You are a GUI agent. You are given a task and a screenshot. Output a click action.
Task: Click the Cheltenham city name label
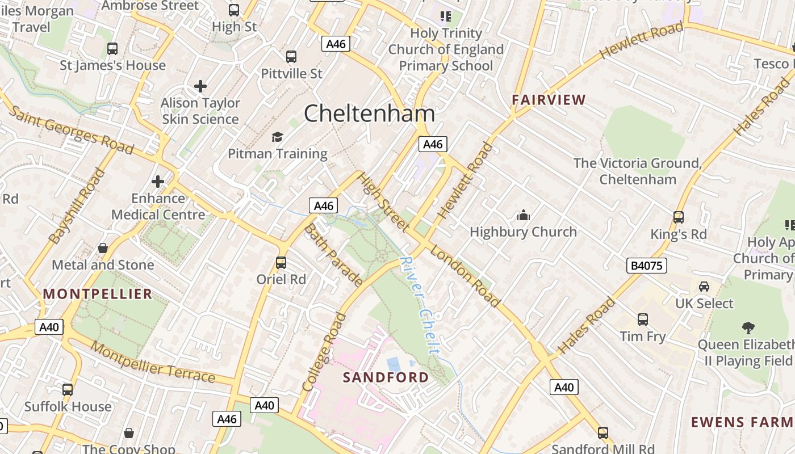pyautogui.click(x=369, y=113)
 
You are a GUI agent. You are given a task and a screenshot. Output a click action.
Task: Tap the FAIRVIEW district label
pyautogui.click(x=549, y=100)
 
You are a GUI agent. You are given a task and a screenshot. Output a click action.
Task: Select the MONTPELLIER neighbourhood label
pyautogui.click(x=98, y=294)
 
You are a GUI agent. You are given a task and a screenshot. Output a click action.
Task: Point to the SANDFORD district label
pyautogui.click(x=386, y=377)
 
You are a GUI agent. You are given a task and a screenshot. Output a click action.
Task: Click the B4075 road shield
pyautogui.click(x=647, y=266)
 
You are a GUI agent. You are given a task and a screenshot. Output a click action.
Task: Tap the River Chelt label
pyautogui.click(x=420, y=305)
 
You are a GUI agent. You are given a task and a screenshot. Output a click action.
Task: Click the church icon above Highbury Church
pyautogui.click(x=523, y=215)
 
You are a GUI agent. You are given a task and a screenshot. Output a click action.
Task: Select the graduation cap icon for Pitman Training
pyautogui.click(x=277, y=137)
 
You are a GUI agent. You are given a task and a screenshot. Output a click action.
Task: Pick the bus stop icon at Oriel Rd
pyautogui.click(x=281, y=263)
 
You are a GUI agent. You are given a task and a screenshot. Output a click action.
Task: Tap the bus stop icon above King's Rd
pyautogui.click(x=678, y=217)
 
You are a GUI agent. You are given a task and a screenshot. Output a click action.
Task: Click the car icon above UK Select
pyautogui.click(x=704, y=287)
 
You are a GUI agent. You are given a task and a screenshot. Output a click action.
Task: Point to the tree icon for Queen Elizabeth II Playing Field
pyautogui.click(x=748, y=327)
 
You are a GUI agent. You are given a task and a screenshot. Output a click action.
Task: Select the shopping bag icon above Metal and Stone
pyautogui.click(x=103, y=248)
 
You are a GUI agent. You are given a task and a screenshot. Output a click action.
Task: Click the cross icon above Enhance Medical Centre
pyautogui.click(x=158, y=182)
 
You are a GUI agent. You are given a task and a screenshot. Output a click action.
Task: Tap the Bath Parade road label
pyautogui.click(x=334, y=255)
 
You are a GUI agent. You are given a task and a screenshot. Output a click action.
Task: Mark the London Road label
pyautogui.click(x=465, y=276)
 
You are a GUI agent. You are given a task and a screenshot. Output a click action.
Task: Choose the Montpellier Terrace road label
pyautogui.click(x=153, y=363)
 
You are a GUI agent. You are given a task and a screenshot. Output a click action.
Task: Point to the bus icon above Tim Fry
pyautogui.click(x=642, y=320)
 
